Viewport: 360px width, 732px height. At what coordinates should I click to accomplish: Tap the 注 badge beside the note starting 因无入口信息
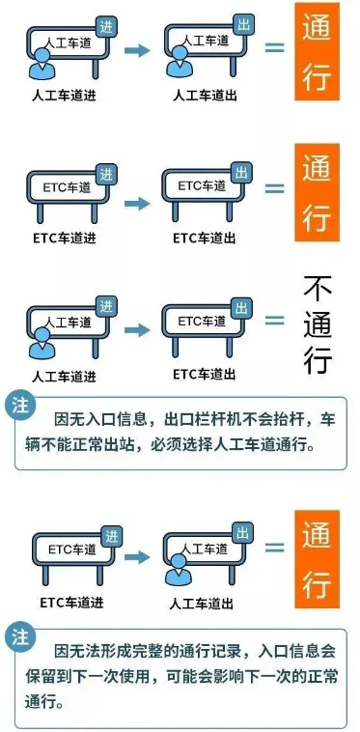(x=20, y=405)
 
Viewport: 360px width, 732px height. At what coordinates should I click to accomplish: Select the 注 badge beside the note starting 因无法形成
(x=20, y=638)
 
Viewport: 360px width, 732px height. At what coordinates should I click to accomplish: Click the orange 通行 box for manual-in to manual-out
(x=317, y=52)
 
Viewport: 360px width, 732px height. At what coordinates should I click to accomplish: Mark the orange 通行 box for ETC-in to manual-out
(x=317, y=560)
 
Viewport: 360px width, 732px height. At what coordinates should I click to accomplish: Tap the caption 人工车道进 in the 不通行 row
(x=66, y=376)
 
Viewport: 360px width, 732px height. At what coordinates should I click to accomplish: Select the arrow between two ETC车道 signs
(x=138, y=204)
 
